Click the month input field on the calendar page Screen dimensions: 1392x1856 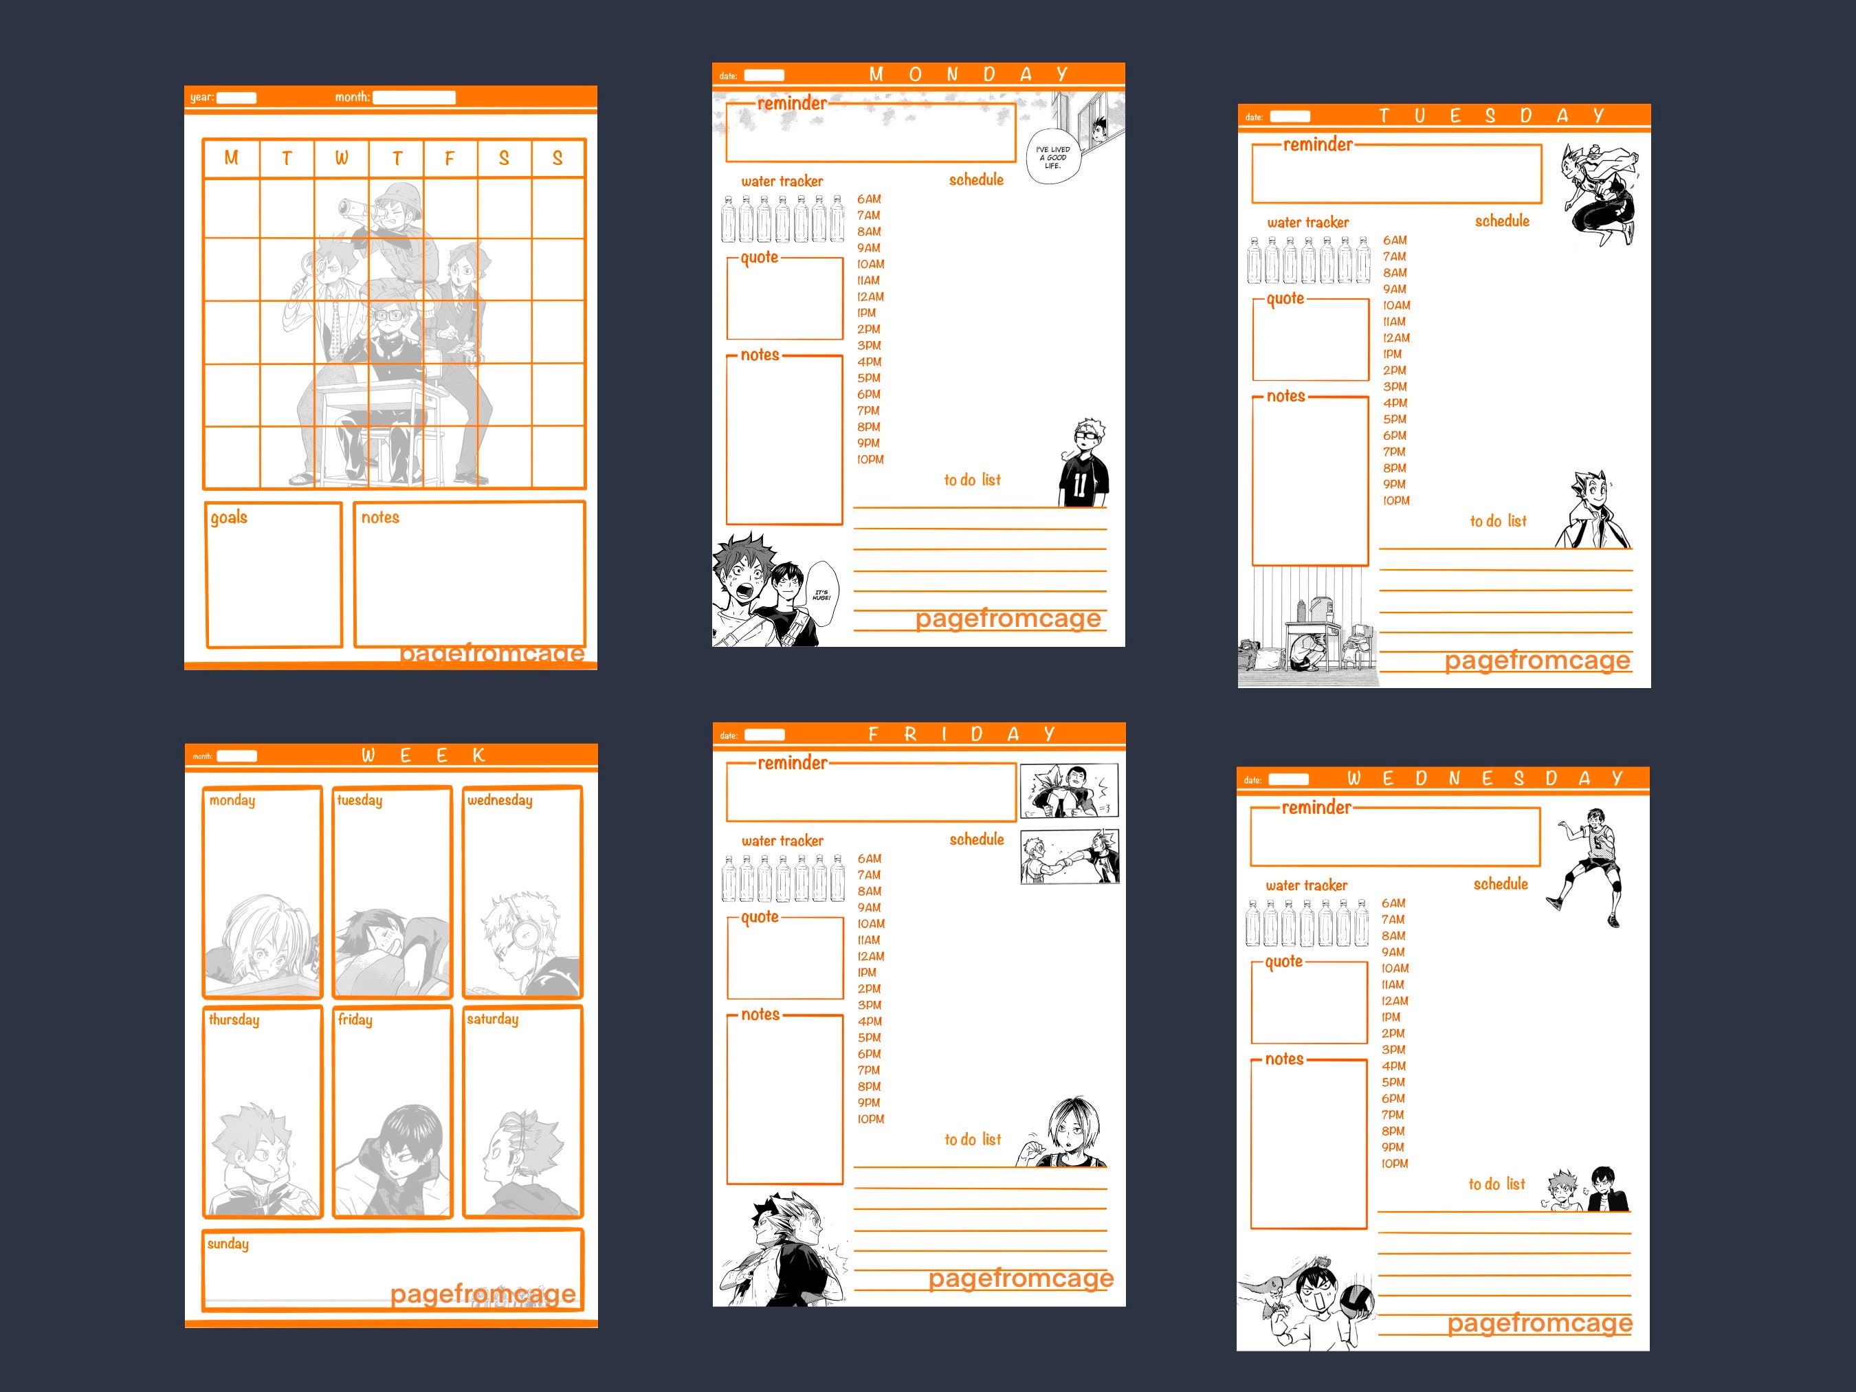414,98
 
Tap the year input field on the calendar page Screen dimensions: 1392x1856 236,98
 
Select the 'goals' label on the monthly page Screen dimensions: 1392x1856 229,517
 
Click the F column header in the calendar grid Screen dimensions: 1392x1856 450,157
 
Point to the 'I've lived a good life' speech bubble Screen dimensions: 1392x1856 1053,157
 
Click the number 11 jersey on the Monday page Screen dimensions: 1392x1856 1081,483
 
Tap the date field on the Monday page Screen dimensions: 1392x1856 764,76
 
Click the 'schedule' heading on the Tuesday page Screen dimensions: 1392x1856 1502,221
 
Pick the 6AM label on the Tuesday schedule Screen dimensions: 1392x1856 1395,240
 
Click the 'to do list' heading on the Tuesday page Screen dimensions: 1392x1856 1498,521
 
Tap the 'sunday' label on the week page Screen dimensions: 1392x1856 228,1244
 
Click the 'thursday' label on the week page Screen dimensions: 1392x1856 234,1019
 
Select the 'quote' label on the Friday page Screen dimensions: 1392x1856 760,917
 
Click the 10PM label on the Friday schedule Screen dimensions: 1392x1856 871,1118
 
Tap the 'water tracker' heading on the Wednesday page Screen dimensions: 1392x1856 1306,885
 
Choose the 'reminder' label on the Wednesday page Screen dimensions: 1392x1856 1316,807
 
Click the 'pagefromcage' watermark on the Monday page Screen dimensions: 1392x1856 1008,619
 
